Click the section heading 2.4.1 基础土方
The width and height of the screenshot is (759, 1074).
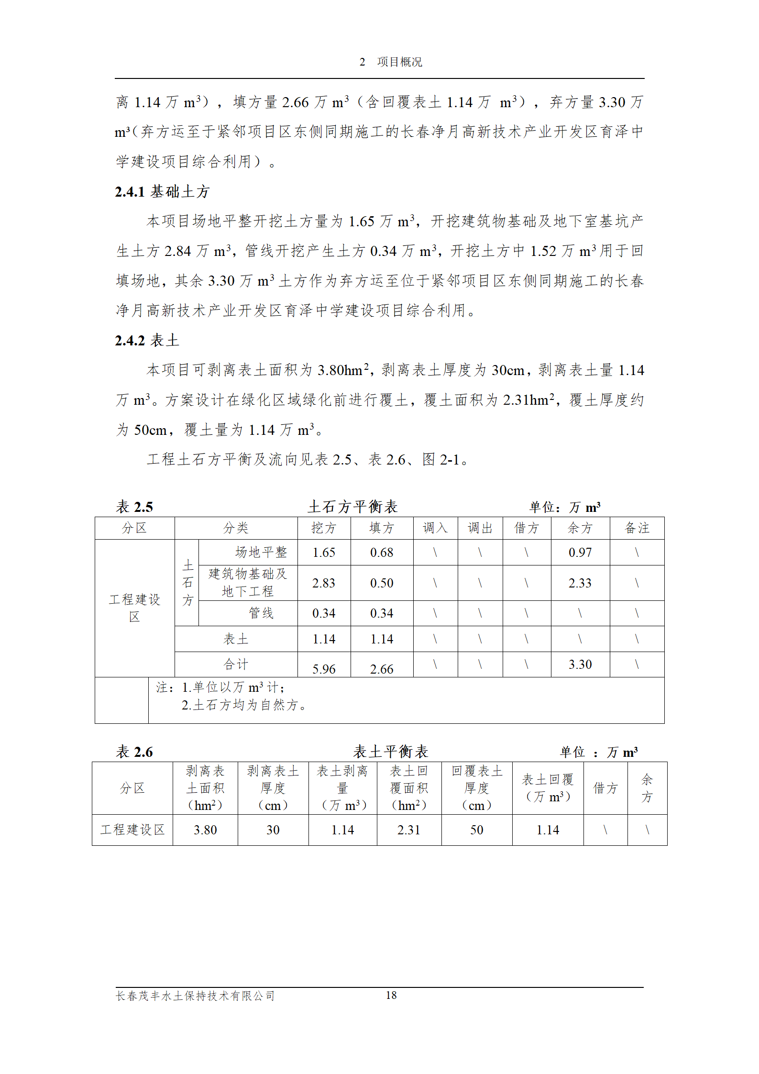(x=162, y=192)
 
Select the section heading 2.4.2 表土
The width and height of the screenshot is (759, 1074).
(x=147, y=341)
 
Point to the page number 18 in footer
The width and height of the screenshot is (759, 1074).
(x=391, y=996)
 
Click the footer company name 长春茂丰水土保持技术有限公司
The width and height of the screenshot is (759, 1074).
(x=195, y=996)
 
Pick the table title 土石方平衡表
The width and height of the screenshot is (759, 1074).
(x=352, y=507)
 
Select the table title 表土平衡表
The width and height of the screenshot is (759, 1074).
(x=390, y=752)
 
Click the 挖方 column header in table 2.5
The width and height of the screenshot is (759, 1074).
(x=324, y=528)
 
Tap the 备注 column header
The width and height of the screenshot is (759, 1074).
(x=637, y=528)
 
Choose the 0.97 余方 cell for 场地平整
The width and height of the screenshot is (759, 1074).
(x=580, y=553)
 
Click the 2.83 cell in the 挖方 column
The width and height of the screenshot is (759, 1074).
(x=324, y=583)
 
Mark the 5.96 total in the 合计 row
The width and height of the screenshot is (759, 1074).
(x=324, y=669)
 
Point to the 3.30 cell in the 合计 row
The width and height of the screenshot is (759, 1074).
(x=580, y=664)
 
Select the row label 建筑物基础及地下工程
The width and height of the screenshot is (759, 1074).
(x=248, y=583)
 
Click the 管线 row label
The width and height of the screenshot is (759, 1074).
(x=261, y=613)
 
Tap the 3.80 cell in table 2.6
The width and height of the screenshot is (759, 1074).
(x=205, y=830)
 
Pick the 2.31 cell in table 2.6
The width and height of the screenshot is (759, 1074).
(x=409, y=830)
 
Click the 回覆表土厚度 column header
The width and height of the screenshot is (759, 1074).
(x=477, y=788)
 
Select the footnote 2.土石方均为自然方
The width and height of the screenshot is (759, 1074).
(x=244, y=705)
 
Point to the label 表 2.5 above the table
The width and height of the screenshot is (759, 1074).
(x=134, y=507)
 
